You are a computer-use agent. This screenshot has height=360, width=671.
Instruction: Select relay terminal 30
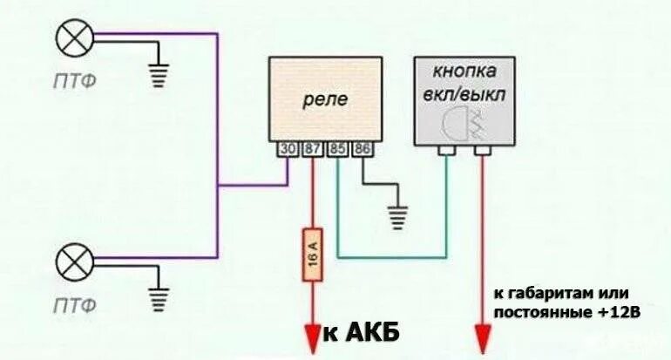(x=288, y=150)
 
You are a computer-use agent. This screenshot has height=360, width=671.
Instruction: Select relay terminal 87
(x=312, y=150)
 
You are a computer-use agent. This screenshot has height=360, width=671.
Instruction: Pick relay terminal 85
(x=336, y=150)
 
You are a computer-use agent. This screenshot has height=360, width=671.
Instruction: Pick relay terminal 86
(x=360, y=150)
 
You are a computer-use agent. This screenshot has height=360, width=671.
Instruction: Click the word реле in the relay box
(x=325, y=99)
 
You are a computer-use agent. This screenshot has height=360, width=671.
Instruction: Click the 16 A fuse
(x=313, y=255)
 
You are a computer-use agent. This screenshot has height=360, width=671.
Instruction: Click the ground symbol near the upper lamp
(x=158, y=76)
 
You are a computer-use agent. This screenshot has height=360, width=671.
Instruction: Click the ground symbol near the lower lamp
(x=158, y=298)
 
